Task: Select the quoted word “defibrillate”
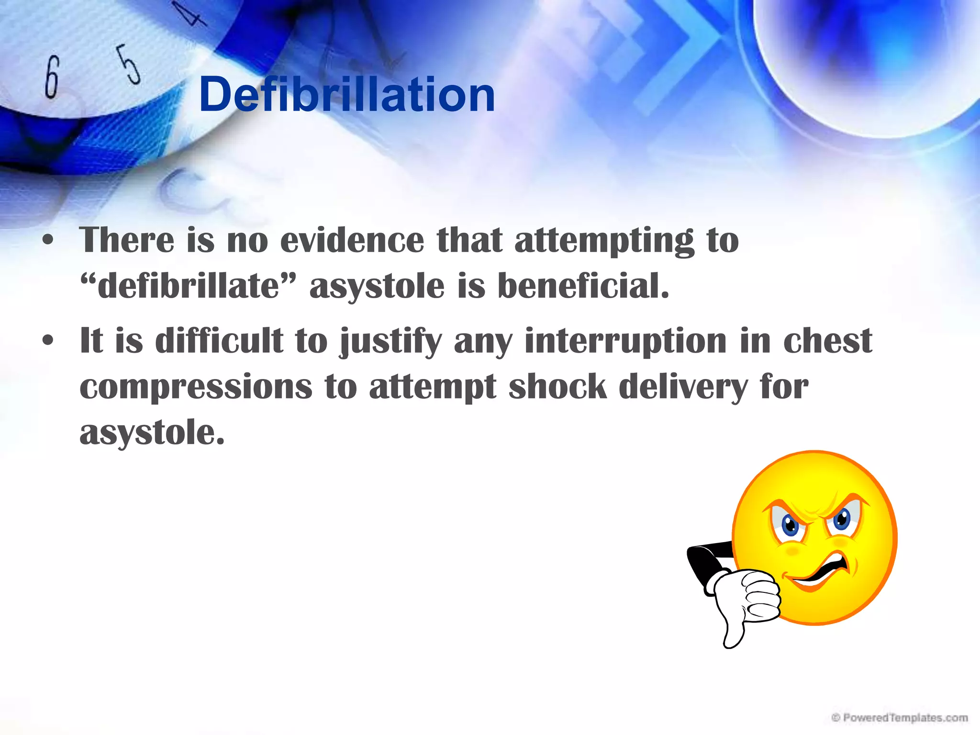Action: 188,286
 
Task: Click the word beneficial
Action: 583,286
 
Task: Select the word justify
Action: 391,342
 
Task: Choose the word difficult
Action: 219,341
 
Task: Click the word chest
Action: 827,341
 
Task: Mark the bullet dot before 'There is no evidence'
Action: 47,240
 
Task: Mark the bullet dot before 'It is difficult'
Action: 47,341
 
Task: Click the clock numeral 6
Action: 52,77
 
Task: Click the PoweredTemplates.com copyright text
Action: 899,718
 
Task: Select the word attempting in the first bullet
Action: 604,241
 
